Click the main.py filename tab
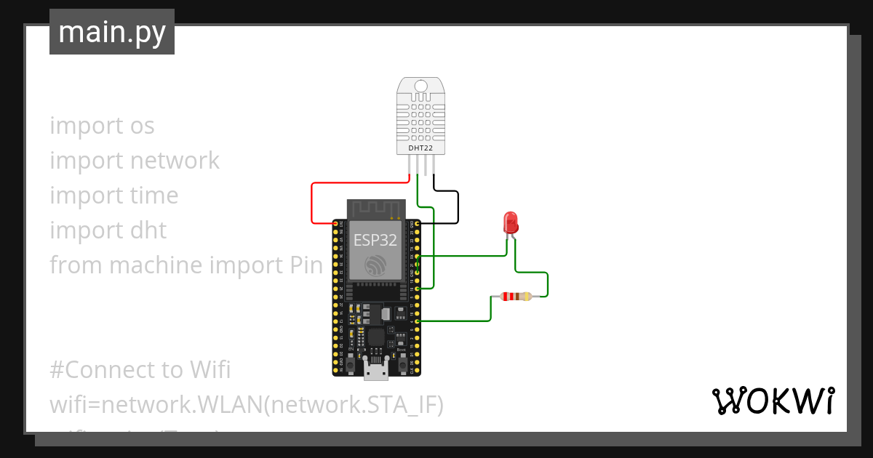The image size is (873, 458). point(111,32)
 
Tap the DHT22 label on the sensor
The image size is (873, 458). point(420,148)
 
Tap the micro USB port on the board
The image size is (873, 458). point(376,371)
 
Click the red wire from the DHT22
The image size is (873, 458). point(312,204)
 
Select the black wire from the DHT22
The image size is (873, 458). point(458,207)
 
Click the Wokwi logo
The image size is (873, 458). point(773,401)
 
